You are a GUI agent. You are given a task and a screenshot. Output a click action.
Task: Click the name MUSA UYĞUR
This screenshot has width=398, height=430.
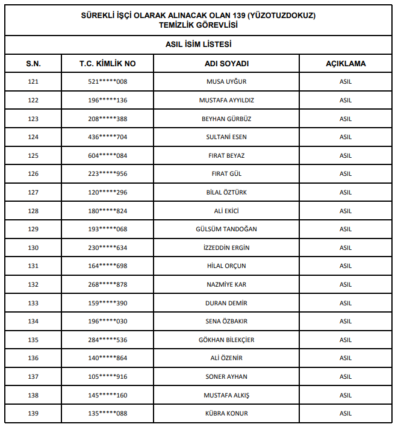tap(226, 82)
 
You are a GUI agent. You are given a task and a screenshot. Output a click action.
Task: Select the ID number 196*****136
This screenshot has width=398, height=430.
tap(108, 100)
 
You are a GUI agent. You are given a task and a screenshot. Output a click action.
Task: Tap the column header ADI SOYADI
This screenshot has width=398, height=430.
tap(226, 63)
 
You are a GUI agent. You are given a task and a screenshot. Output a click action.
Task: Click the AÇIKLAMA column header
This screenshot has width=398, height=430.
tap(346, 63)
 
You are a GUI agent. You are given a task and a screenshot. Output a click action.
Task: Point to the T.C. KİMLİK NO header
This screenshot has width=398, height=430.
tap(108, 63)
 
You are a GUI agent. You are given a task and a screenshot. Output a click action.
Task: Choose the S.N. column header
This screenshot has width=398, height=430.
tap(33, 63)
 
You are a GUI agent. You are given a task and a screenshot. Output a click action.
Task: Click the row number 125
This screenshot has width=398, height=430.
tap(33, 155)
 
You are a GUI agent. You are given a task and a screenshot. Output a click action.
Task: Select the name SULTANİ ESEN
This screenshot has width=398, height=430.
tap(226, 137)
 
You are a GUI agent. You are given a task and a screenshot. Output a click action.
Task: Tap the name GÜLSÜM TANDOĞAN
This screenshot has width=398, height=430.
tap(226, 229)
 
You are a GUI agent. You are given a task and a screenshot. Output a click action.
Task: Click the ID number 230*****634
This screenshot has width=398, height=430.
tap(108, 248)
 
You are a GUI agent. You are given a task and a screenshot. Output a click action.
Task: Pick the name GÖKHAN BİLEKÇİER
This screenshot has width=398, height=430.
tap(226, 340)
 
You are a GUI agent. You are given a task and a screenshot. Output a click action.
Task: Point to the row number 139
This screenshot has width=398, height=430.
tap(33, 413)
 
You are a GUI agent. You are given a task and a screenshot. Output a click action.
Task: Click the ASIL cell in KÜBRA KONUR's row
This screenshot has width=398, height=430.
tap(346, 413)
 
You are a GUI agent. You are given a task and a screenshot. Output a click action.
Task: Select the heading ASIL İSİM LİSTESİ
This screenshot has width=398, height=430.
tap(199, 45)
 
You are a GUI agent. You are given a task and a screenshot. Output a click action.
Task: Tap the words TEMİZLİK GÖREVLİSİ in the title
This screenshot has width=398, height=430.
tap(199, 25)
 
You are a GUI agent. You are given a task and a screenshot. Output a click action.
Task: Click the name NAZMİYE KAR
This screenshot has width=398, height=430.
tap(226, 284)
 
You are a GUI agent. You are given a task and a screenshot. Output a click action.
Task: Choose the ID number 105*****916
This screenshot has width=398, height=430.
tap(108, 376)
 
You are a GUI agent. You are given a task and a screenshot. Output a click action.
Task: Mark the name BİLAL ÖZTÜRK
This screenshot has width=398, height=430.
tap(226, 192)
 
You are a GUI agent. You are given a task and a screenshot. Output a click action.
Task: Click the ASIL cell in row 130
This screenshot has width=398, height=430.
tap(346, 248)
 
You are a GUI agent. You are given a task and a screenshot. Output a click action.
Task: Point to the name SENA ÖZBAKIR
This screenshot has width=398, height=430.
tap(226, 321)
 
